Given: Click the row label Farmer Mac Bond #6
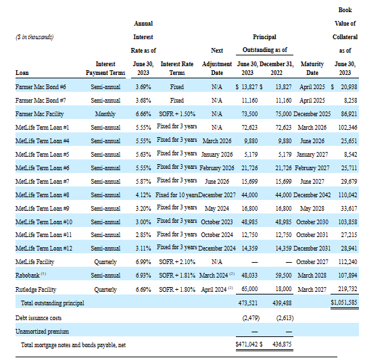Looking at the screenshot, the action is click(x=41, y=86).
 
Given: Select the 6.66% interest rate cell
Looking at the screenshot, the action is click(x=143, y=114).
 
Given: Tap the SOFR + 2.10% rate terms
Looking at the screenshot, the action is click(x=177, y=262).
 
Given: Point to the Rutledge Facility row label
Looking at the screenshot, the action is click(x=36, y=290).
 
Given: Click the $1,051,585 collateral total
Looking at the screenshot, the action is click(x=343, y=302).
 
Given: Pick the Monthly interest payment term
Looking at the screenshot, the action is click(x=105, y=114).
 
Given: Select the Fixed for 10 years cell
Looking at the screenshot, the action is click(x=176, y=195).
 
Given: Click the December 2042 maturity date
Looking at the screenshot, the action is click(x=312, y=195).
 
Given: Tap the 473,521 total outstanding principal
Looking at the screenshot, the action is click(x=248, y=303).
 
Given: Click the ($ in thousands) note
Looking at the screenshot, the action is click(x=34, y=37).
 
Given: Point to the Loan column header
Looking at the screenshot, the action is click(x=22, y=73).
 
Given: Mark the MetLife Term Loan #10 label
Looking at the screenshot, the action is click(x=44, y=222).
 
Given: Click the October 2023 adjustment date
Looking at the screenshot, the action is click(x=217, y=222).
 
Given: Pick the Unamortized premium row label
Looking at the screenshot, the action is click(x=42, y=332).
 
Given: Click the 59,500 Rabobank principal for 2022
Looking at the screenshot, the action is click(x=284, y=276).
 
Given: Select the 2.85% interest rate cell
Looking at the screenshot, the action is click(x=143, y=235).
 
